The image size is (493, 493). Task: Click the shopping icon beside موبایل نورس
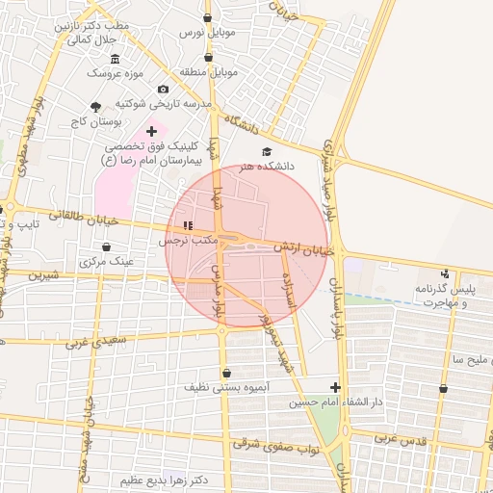[209, 17]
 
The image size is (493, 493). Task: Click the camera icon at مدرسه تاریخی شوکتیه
[163, 90]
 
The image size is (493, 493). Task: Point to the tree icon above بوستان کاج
[94, 106]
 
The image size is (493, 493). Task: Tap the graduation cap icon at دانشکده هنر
[267, 151]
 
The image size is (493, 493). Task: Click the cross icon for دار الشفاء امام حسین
[335, 386]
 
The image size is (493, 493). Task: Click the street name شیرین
[43, 274]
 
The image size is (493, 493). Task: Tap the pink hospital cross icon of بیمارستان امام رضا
[151, 130]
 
